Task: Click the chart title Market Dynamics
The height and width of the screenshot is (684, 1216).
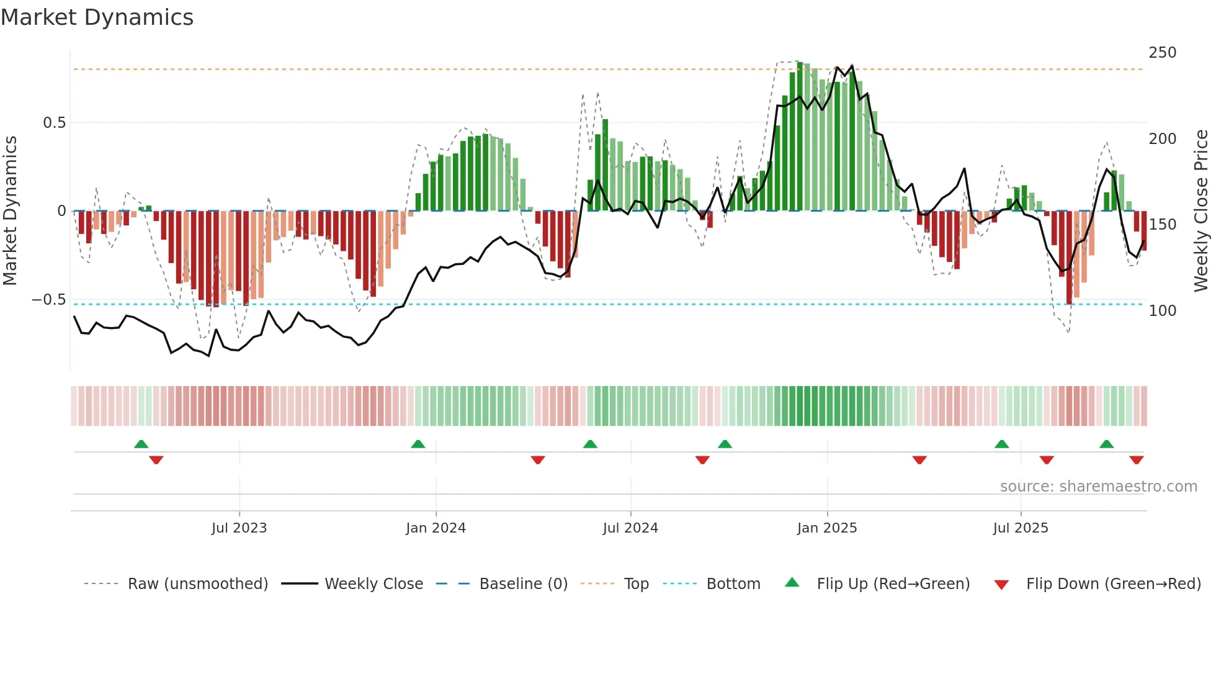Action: point(97,17)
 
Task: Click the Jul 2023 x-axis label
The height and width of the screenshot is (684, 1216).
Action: point(239,528)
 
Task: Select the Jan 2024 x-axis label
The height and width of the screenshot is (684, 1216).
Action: point(436,528)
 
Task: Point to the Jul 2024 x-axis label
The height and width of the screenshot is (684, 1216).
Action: point(630,528)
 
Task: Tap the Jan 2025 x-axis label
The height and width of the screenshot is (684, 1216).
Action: point(827,528)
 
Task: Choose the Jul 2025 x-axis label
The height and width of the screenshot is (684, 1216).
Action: point(1021,528)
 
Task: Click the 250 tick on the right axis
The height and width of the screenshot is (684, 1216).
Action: point(1162,53)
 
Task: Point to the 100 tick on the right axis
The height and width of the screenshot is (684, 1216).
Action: point(1162,311)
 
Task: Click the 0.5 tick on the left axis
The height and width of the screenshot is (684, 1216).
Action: point(54,123)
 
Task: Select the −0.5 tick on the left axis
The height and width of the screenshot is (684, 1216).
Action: point(49,300)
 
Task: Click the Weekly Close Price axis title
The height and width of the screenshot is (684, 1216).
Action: point(1201,211)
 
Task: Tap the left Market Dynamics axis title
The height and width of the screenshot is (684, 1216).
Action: point(10,211)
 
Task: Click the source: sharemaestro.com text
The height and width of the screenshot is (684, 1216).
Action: point(1098,487)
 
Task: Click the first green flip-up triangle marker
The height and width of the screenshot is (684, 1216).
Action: point(141,444)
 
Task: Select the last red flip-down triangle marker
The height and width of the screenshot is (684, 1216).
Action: point(1136,460)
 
